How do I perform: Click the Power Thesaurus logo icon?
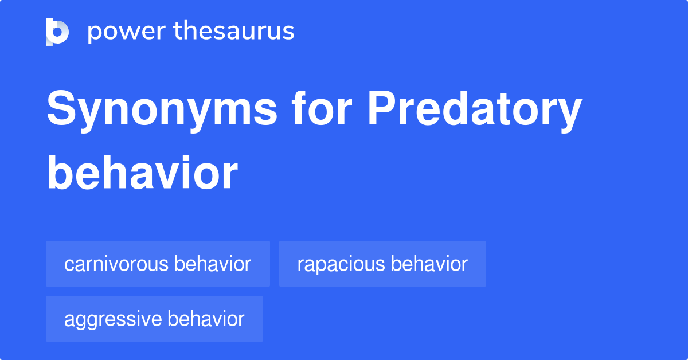coord(57,32)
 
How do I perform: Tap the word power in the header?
coord(127,33)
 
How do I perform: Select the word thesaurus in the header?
coord(234,30)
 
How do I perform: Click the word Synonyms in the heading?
coord(162,111)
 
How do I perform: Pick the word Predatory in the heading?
coord(475,111)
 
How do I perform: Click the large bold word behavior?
coord(142,173)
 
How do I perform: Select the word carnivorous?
coord(116,264)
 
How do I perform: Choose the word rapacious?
coord(341,264)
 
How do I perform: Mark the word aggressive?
coord(113,320)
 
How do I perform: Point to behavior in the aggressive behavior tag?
coord(206,318)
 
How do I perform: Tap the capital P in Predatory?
coord(382,108)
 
